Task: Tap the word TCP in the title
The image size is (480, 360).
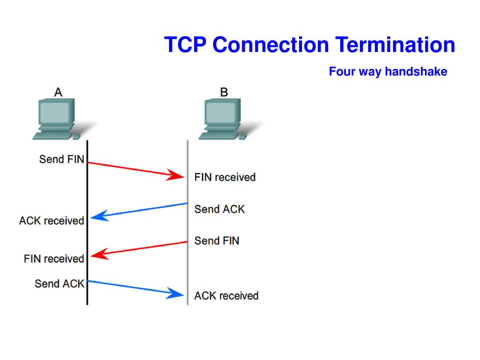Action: tap(185, 45)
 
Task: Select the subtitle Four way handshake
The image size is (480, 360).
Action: tap(388, 71)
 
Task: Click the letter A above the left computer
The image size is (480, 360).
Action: tap(58, 92)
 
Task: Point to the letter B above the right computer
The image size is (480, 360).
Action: tap(224, 92)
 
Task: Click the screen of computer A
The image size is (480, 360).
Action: tap(55, 112)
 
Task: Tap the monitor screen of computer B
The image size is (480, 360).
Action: tap(221, 112)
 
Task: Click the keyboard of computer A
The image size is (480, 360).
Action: tap(52, 136)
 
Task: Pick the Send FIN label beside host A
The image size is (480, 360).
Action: tap(61, 159)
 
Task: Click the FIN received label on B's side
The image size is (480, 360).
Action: tap(225, 177)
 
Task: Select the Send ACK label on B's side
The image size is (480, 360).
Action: tap(219, 209)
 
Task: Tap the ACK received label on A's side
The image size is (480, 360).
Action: tap(52, 221)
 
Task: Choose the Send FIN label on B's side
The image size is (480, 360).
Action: tap(217, 240)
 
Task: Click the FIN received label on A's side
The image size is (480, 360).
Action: tap(54, 259)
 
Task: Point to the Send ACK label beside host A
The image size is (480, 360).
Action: tap(60, 284)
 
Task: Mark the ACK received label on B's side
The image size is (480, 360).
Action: tap(226, 296)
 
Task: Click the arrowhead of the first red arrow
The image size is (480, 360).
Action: tap(176, 175)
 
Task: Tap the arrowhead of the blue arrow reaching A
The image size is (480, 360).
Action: tap(99, 216)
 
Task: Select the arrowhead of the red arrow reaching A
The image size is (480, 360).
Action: tap(99, 254)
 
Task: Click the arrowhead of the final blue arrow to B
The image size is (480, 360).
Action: tap(176, 293)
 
